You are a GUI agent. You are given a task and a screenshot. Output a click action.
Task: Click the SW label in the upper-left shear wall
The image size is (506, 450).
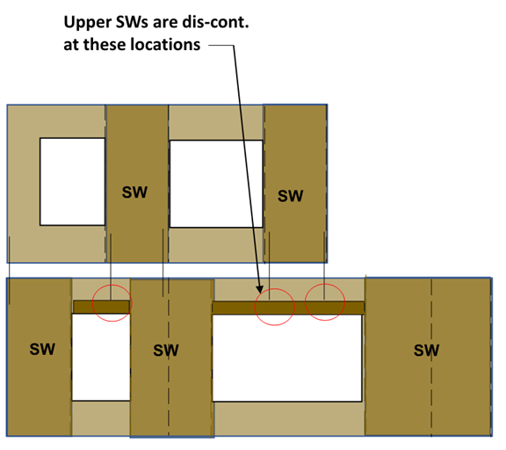point(134,192)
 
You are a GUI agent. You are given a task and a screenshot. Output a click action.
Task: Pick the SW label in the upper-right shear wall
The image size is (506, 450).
point(291,196)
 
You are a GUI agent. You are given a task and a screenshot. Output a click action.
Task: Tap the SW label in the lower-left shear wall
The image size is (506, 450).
point(42,349)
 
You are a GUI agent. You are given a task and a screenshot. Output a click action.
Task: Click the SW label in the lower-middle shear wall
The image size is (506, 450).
point(166,351)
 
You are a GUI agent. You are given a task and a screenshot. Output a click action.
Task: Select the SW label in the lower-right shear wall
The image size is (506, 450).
point(426,351)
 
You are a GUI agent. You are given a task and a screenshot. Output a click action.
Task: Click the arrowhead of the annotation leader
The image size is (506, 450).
point(260,289)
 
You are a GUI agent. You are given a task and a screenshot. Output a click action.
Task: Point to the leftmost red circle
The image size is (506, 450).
point(92,303)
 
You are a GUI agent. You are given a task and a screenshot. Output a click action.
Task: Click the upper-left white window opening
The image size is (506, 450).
point(72,182)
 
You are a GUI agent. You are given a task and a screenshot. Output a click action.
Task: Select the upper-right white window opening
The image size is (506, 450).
point(216,184)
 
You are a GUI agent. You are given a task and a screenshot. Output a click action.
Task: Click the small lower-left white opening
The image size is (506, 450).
point(101,358)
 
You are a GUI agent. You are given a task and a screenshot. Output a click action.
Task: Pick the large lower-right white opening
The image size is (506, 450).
point(287,359)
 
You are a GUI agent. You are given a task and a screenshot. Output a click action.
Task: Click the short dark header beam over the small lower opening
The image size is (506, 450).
point(102,307)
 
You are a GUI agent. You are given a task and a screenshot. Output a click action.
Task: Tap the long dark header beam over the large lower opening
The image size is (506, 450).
point(288,308)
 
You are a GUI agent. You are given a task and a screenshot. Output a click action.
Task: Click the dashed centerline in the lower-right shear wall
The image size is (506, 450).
point(431,358)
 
